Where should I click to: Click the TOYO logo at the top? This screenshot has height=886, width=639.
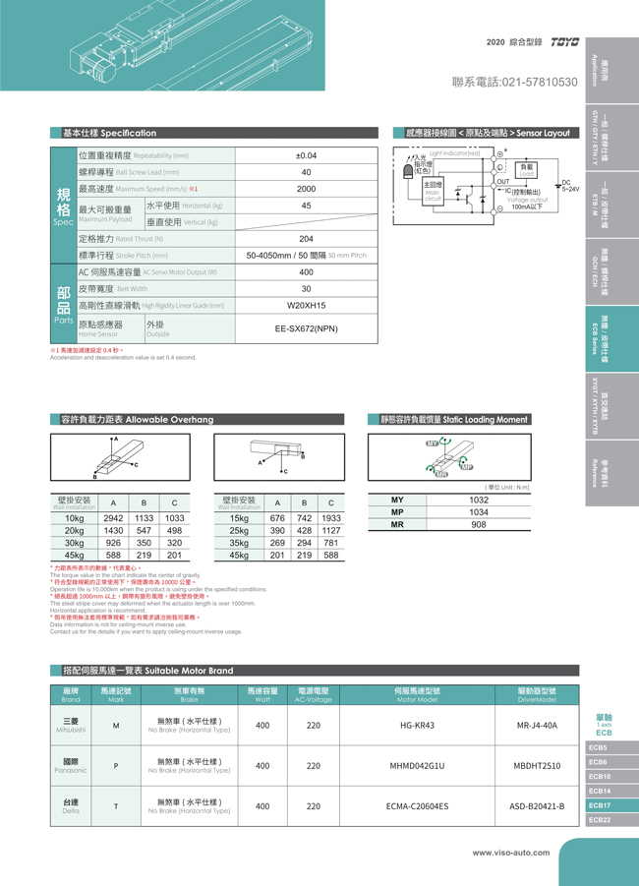[x=565, y=42]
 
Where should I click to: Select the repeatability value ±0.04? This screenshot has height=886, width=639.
[x=306, y=155]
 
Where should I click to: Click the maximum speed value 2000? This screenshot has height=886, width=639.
[x=306, y=189]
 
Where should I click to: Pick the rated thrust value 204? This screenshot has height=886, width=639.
[x=306, y=239]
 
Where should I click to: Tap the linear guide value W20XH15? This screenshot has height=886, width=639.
[x=306, y=306]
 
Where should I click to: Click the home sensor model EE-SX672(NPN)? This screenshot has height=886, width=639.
[x=306, y=328]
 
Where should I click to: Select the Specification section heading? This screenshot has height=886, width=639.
[x=109, y=133]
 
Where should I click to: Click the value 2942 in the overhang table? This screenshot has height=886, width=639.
[x=113, y=518]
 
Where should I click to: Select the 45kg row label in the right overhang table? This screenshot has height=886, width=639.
[x=239, y=556]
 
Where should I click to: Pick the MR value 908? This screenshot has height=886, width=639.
[x=478, y=525]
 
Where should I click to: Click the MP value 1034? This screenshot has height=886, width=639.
[x=478, y=512]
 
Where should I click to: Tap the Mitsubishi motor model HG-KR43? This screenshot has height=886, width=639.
[x=417, y=725]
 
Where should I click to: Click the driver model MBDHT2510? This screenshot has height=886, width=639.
[x=537, y=765]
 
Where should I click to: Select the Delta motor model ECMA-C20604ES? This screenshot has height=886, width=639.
[x=417, y=805]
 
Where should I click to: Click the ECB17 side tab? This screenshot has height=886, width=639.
[x=600, y=805]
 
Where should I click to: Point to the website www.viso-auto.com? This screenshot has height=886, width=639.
[x=510, y=853]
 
